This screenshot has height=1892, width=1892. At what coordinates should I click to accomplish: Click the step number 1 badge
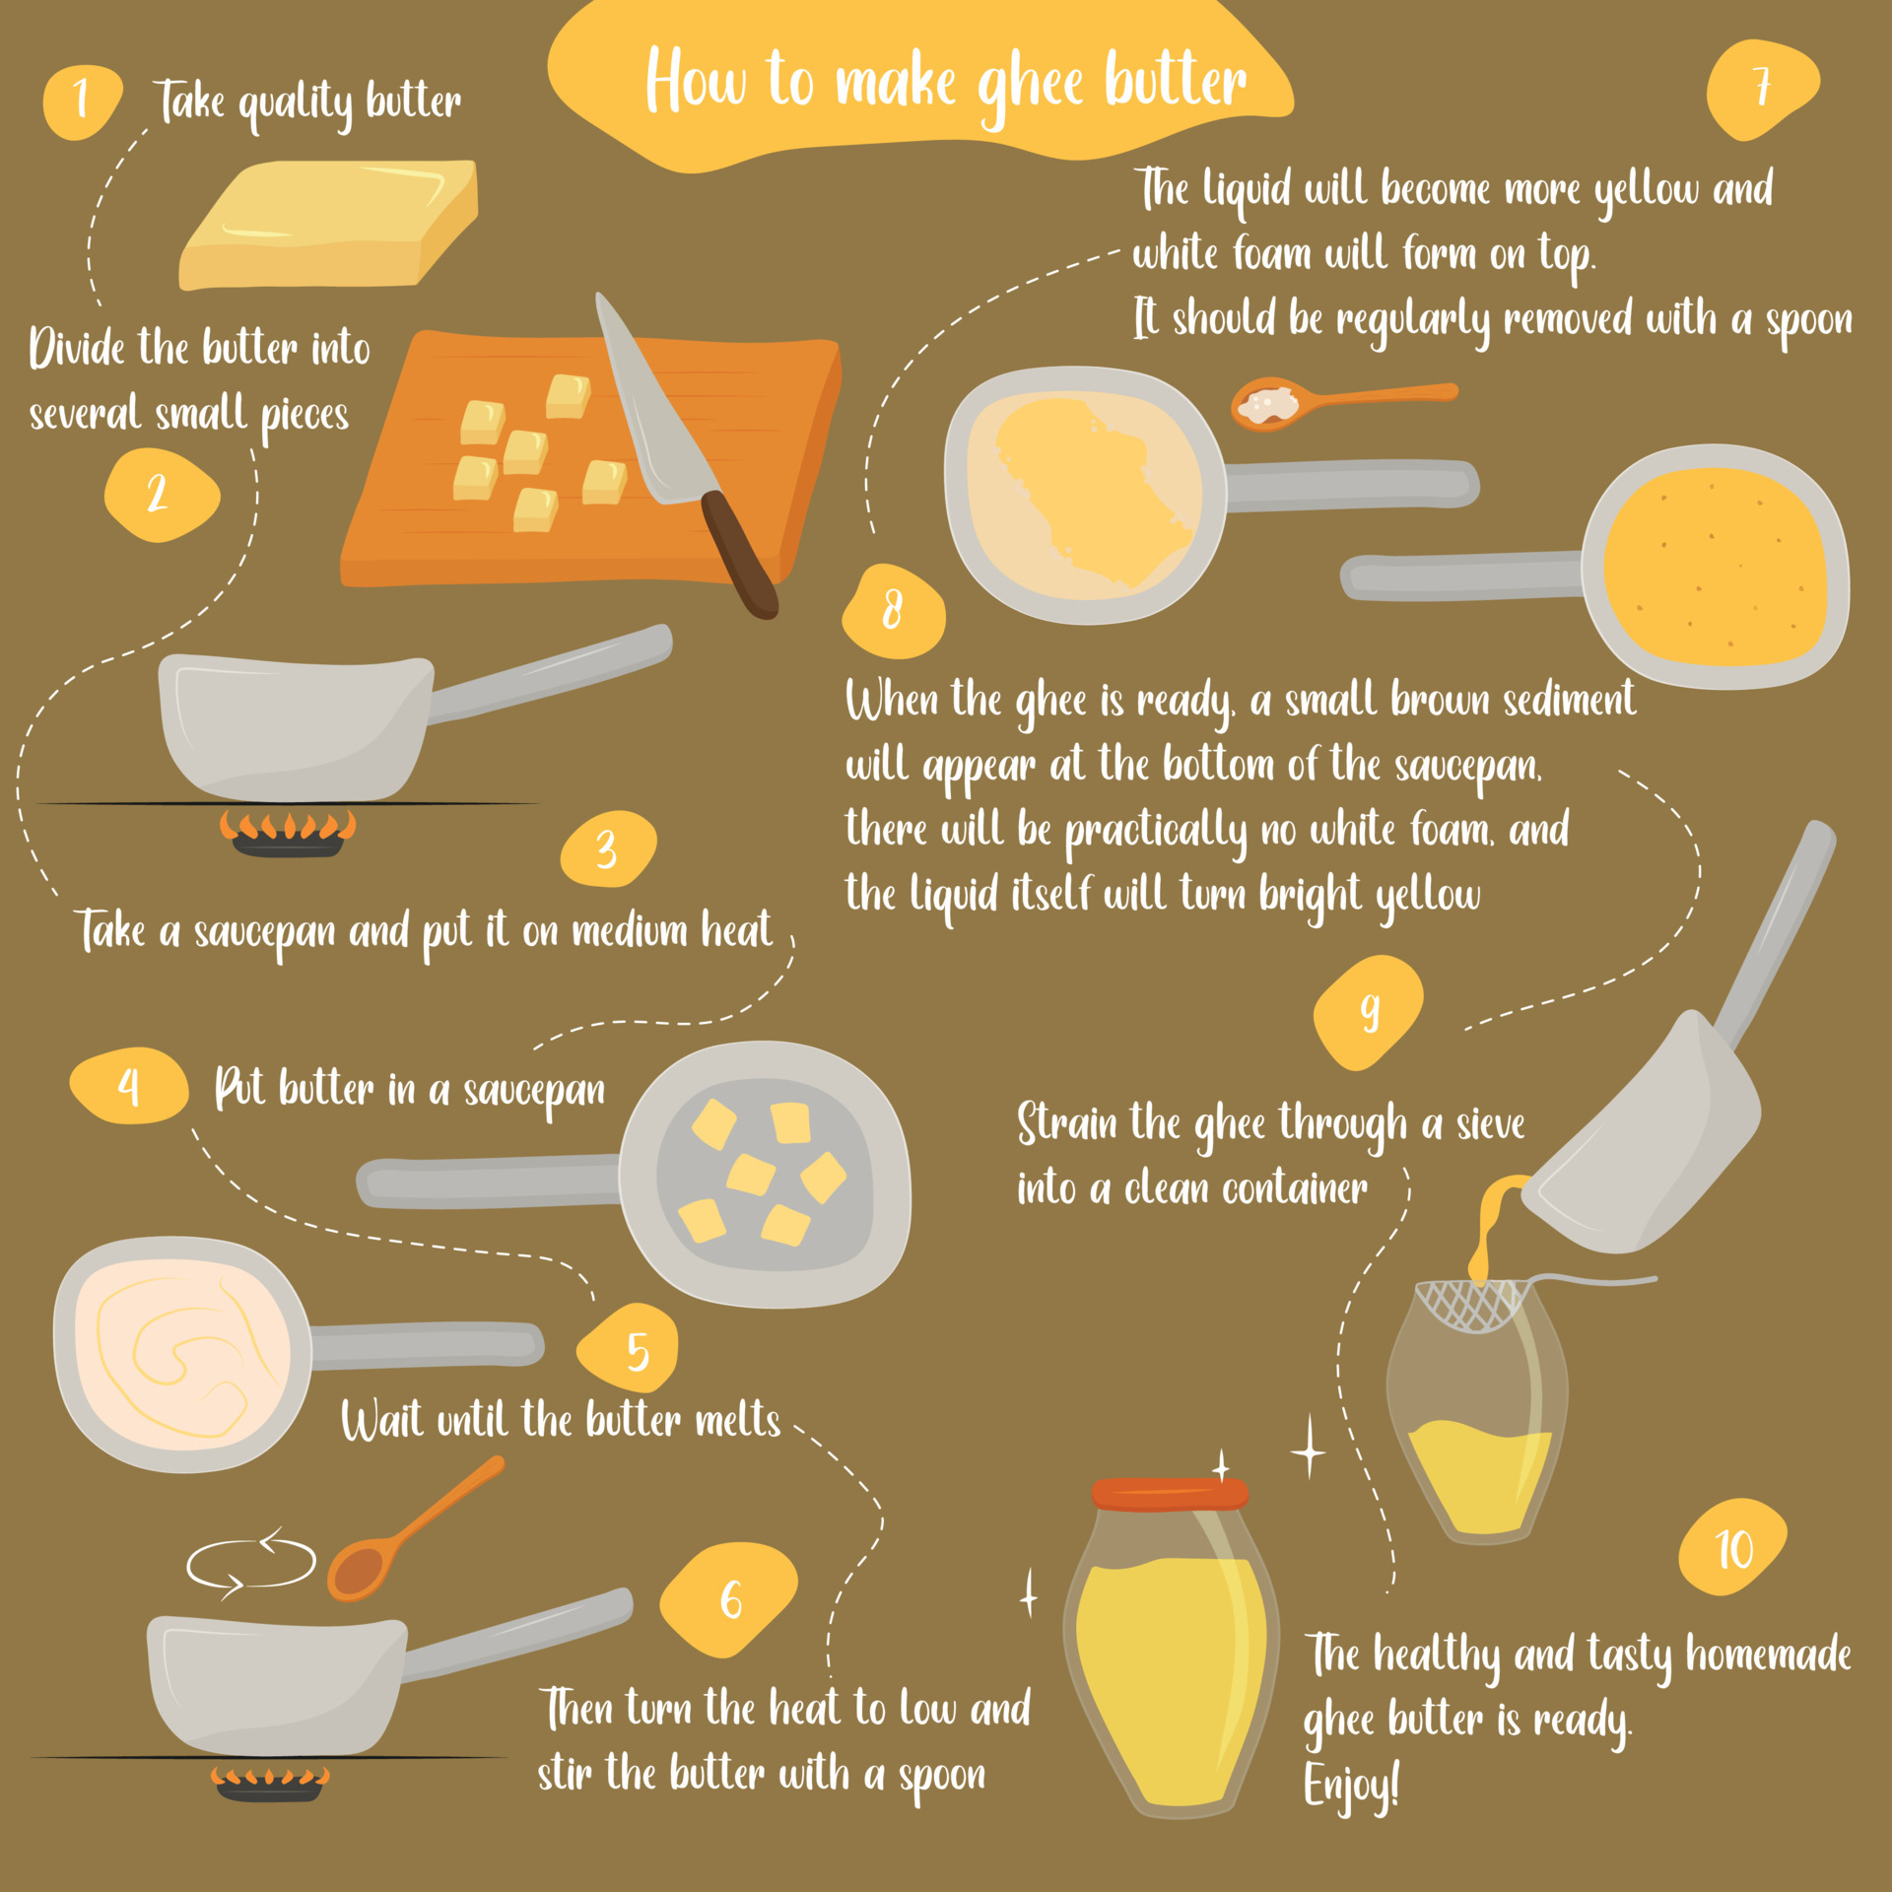82,101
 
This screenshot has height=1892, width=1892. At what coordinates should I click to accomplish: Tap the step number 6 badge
729,1598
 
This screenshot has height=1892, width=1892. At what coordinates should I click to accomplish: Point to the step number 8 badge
893,610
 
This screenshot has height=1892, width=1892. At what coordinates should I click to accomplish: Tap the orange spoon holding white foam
1281,402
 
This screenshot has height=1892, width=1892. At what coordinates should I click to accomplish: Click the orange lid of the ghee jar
1170,1494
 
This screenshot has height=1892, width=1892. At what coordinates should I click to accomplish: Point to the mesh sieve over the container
1472,1305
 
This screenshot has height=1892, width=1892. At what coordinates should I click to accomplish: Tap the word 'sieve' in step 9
1490,1124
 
